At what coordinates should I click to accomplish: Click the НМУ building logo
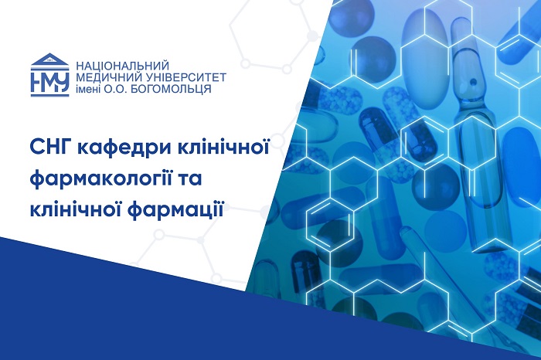49,74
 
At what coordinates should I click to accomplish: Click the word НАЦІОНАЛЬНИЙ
122,66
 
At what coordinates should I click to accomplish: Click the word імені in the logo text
88,89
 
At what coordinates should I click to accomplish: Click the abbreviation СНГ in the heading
49,148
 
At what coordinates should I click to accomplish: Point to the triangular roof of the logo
49,59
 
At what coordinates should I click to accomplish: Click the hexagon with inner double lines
330,224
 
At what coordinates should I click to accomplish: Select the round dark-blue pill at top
350,19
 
